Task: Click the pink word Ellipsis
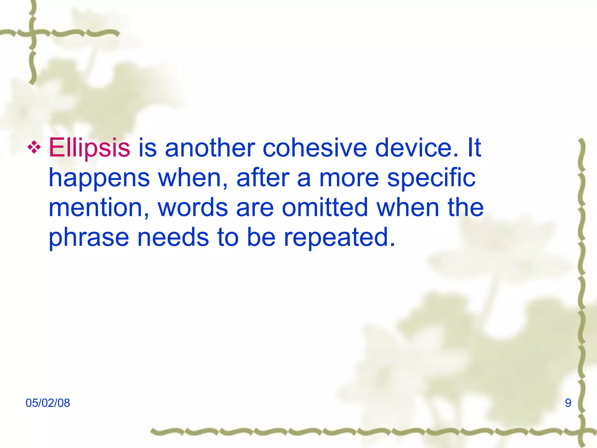point(89,148)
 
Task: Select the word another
point(210,148)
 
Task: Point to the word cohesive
point(315,148)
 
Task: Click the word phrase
point(89,237)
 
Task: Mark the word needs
point(173,237)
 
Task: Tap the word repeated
point(339,237)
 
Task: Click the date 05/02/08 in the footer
point(48,403)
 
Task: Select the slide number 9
point(568,403)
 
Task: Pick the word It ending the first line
point(474,148)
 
